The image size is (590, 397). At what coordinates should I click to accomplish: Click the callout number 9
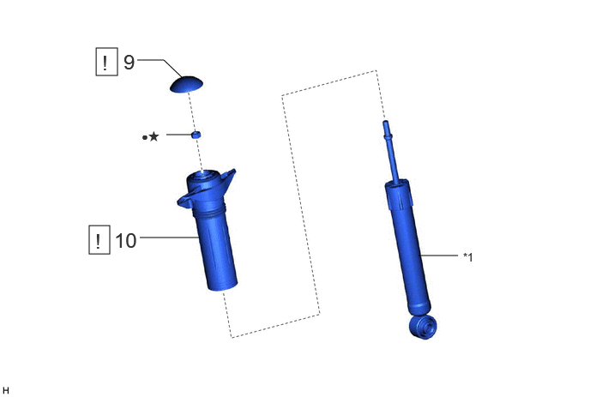[129, 62]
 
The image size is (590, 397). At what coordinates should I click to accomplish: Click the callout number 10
[126, 240]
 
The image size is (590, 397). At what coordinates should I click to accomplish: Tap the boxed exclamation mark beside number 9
[107, 62]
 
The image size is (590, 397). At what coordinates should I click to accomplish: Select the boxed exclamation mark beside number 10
[99, 240]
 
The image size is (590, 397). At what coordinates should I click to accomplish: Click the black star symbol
[154, 136]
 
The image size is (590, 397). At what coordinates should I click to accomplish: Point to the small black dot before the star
[145, 138]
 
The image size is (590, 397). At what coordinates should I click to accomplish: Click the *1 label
[468, 257]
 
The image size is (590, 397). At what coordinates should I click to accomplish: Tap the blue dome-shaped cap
[186, 84]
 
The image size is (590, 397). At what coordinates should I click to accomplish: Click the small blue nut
[196, 135]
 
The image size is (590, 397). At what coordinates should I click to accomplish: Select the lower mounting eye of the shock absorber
[423, 327]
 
